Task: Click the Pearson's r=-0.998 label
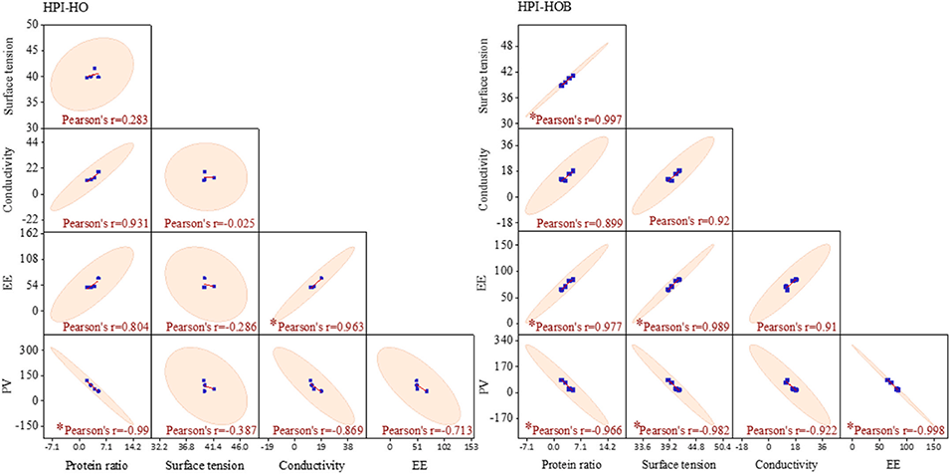(x=900, y=429)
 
